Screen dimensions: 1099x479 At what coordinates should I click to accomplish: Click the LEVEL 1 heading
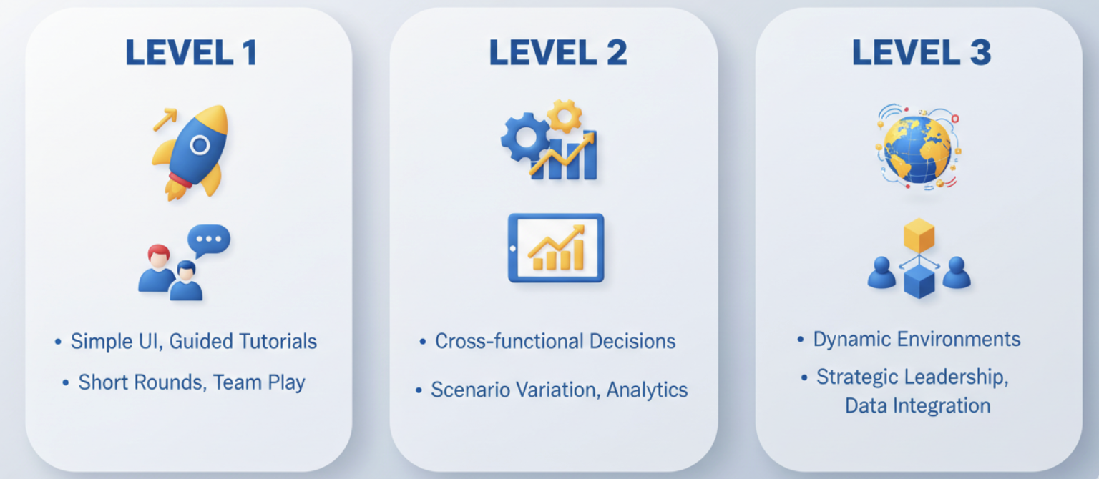pos(191,52)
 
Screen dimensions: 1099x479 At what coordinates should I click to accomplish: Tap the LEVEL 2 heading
pos(558,52)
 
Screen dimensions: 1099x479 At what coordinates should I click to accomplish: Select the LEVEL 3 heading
pos(922,52)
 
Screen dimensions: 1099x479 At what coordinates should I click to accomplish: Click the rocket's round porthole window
pos(200,145)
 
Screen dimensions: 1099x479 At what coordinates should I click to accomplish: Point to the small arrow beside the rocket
pos(165,119)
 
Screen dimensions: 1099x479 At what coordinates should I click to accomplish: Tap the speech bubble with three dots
pos(209,240)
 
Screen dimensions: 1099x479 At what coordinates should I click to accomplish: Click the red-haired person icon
pos(157,268)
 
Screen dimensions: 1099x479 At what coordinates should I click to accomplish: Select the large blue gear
pos(525,137)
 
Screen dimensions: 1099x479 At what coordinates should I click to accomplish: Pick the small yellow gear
pos(565,117)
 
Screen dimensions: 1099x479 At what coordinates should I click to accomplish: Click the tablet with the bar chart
pos(556,248)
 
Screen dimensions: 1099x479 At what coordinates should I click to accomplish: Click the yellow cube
pos(919,236)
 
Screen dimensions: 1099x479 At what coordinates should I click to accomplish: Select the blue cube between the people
pos(919,282)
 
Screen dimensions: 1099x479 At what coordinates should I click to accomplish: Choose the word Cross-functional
pos(509,341)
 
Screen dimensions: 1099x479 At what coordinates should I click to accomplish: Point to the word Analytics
pos(647,390)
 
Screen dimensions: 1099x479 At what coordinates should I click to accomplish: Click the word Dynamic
pos(851,340)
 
